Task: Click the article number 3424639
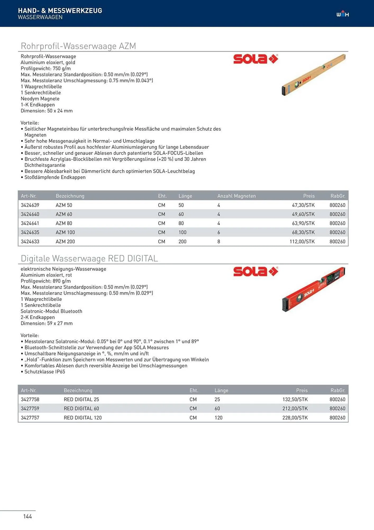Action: (x=30, y=205)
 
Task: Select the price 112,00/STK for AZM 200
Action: (x=302, y=241)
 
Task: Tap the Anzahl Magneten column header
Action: (x=236, y=196)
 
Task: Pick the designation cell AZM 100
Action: (x=65, y=232)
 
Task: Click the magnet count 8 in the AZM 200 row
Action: (x=219, y=241)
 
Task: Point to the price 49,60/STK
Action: (x=303, y=214)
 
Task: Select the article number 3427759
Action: (x=30, y=408)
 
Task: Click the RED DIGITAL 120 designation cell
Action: (x=83, y=418)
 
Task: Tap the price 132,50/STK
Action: (x=295, y=399)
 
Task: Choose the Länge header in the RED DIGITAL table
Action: (x=221, y=390)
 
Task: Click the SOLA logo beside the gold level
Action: (x=255, y=59)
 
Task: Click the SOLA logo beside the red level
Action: (x=255, y=271)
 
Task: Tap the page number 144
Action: (x=28, y=516)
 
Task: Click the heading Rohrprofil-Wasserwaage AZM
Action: (x=78, y=46)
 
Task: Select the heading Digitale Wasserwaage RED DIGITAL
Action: (x=89, y=258)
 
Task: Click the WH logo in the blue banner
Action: (x=343, y=14)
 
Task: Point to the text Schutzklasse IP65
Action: (x=44, y=372)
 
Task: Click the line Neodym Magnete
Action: (x=40, y=99)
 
